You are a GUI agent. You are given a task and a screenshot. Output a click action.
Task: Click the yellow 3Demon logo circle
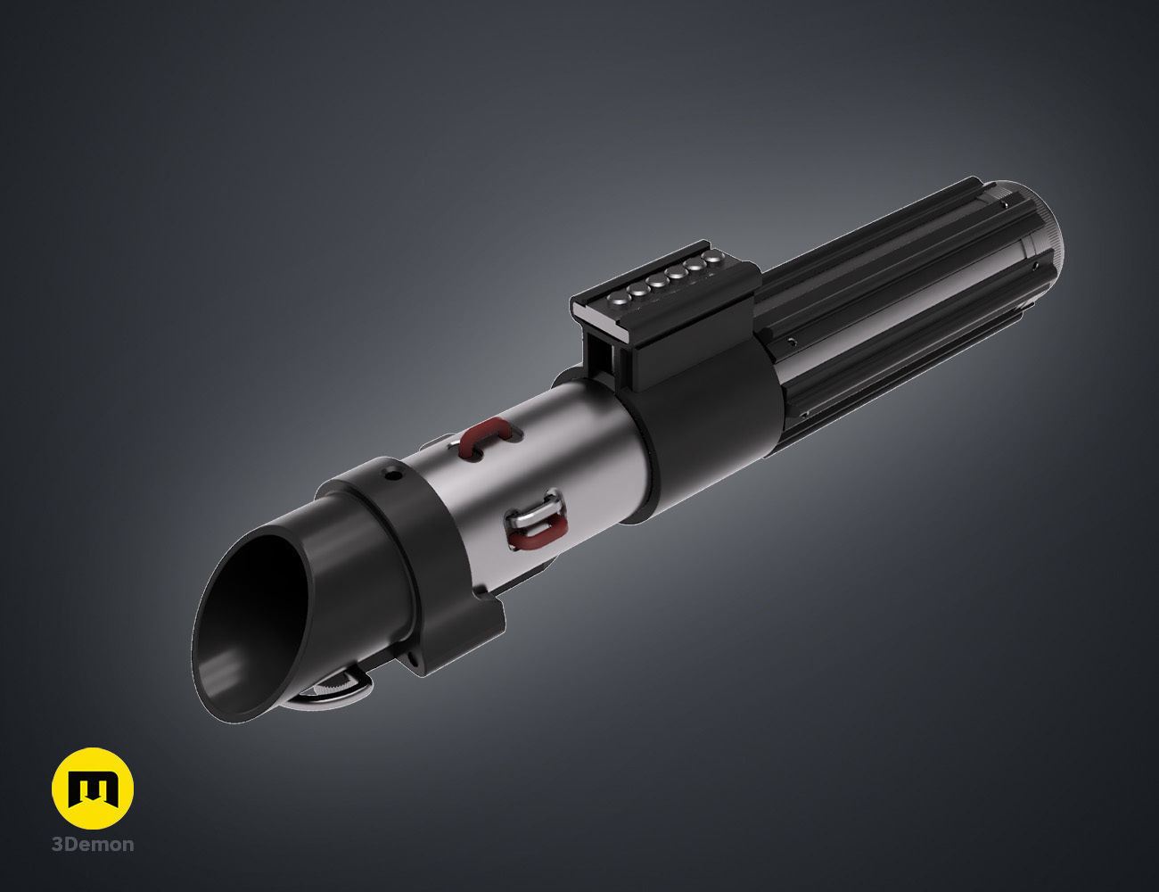(93, 788)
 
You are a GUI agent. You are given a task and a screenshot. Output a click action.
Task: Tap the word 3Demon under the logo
(93, 844)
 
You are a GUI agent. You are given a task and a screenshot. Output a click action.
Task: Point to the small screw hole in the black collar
(390, 473)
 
